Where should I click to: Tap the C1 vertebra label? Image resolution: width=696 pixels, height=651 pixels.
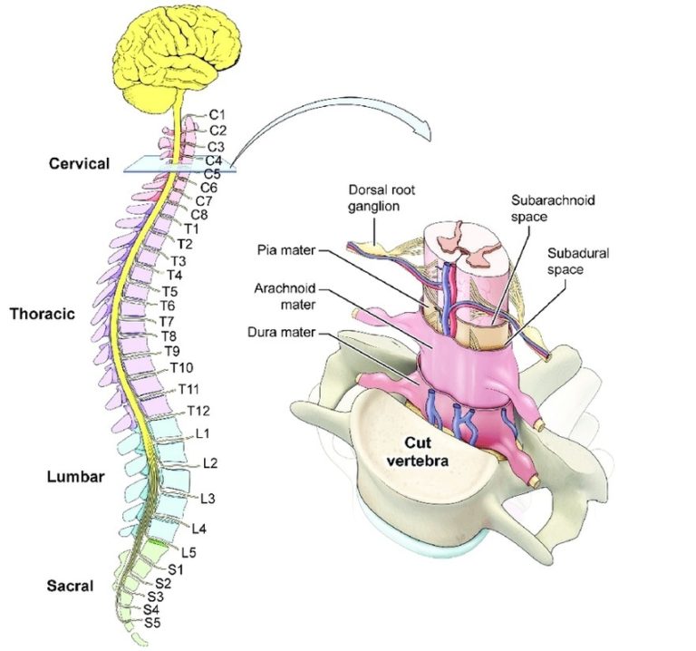[x=217, y=114]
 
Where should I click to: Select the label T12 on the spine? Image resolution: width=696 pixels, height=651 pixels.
[x=198, y=411]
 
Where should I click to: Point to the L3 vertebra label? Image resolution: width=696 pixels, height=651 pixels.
[x=208, y=498]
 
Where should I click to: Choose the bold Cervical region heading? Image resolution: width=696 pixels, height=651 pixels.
[x=80, y=164]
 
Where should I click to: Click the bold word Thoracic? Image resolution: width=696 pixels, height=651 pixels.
[x=42, y=315]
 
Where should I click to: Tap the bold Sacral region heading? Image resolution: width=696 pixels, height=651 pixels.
[x=70, y=586]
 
